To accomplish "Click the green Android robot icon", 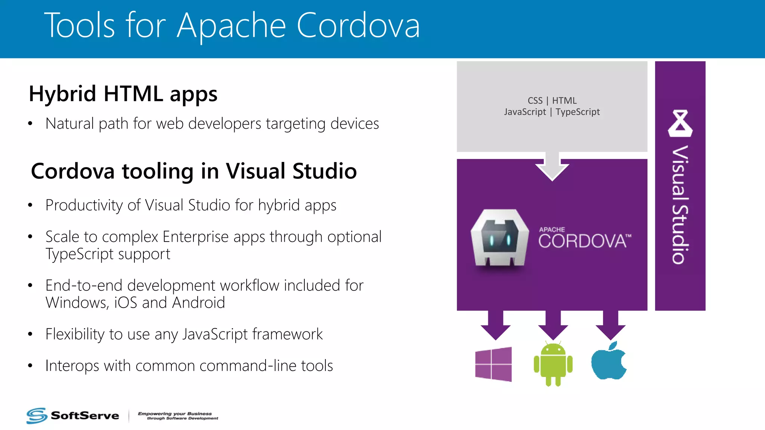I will (x=553, y=364).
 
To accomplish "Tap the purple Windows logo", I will (x=493, y=364).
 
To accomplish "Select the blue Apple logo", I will (x=609, y=361).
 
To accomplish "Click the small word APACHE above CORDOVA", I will (x=552, y=230).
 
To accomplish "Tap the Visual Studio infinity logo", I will (x=680, y=123).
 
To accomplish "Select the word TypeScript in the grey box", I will (x=577, y=112).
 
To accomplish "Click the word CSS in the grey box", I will (x=535, y=101).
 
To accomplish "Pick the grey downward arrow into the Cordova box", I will (x=552, y=166).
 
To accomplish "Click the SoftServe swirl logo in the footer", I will (x=37, y=415).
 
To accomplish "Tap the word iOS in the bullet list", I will (x=126, y=302).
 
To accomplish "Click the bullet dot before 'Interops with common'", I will (x=30, y=366).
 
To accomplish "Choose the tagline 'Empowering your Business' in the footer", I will (x=175, y=414).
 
